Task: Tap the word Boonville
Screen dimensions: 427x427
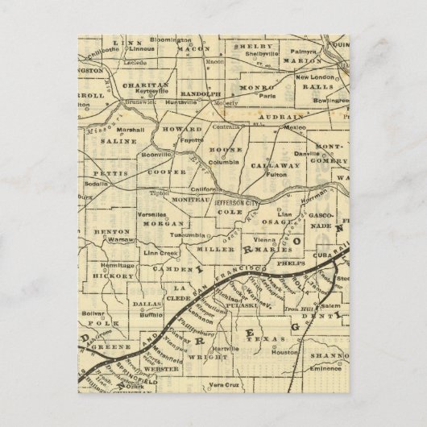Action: tap(155, 153)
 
